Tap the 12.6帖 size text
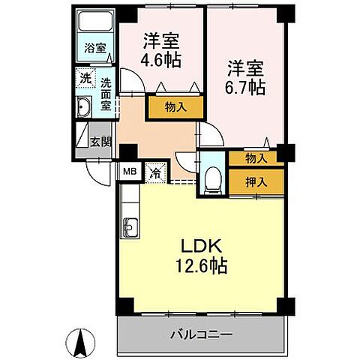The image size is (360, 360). [x=201, y=265]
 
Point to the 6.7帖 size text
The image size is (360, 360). [x=246, y=87]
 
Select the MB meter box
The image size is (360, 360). [x=130, y=172]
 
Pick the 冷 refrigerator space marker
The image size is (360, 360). [x=155, y=172]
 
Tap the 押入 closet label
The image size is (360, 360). [x=255, y=181]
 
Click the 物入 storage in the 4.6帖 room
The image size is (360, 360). [x=176, y=107]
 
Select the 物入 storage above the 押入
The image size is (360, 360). [x=255, y=158]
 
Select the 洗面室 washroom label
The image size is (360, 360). [x=106, y=94]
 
